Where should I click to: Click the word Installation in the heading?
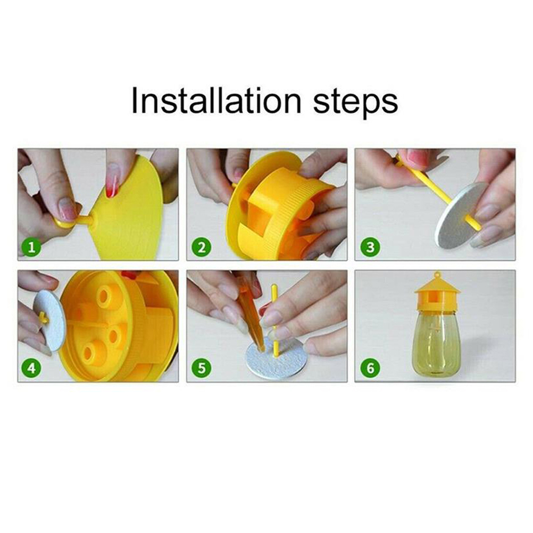(216, 101)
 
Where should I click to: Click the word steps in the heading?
(355, 103)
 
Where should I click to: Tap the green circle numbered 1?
(31, 247)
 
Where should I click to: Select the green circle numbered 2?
(201, 247)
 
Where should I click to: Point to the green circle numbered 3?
(370, 247)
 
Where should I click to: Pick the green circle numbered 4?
(31, 368)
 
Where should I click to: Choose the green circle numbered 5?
(201, 368)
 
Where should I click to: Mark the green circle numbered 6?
(370, 368)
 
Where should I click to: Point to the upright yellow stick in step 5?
(274, 320)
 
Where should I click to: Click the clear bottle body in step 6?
(437, 342)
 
